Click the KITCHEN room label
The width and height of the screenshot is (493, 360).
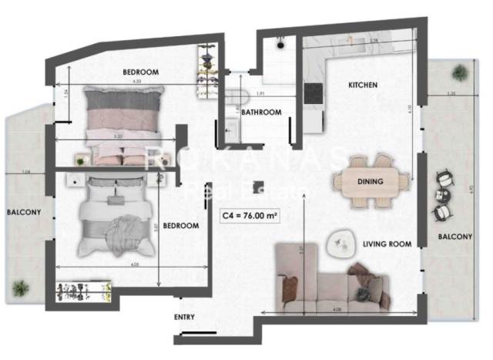click(363, 85)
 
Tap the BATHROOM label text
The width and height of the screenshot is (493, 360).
click(261, 113)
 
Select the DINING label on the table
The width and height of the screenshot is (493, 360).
click(371, 182)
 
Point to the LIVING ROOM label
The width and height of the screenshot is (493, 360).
click(387, 244)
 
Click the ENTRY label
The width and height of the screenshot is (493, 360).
click(184, 317)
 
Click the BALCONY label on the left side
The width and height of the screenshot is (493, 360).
click(24, 212)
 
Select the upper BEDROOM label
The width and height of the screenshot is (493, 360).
click(141, 72)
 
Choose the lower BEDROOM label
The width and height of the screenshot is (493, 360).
click(182, 226)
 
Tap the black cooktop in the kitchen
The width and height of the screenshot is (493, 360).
click(313, 92)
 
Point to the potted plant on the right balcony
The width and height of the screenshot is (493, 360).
click(460, 72)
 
